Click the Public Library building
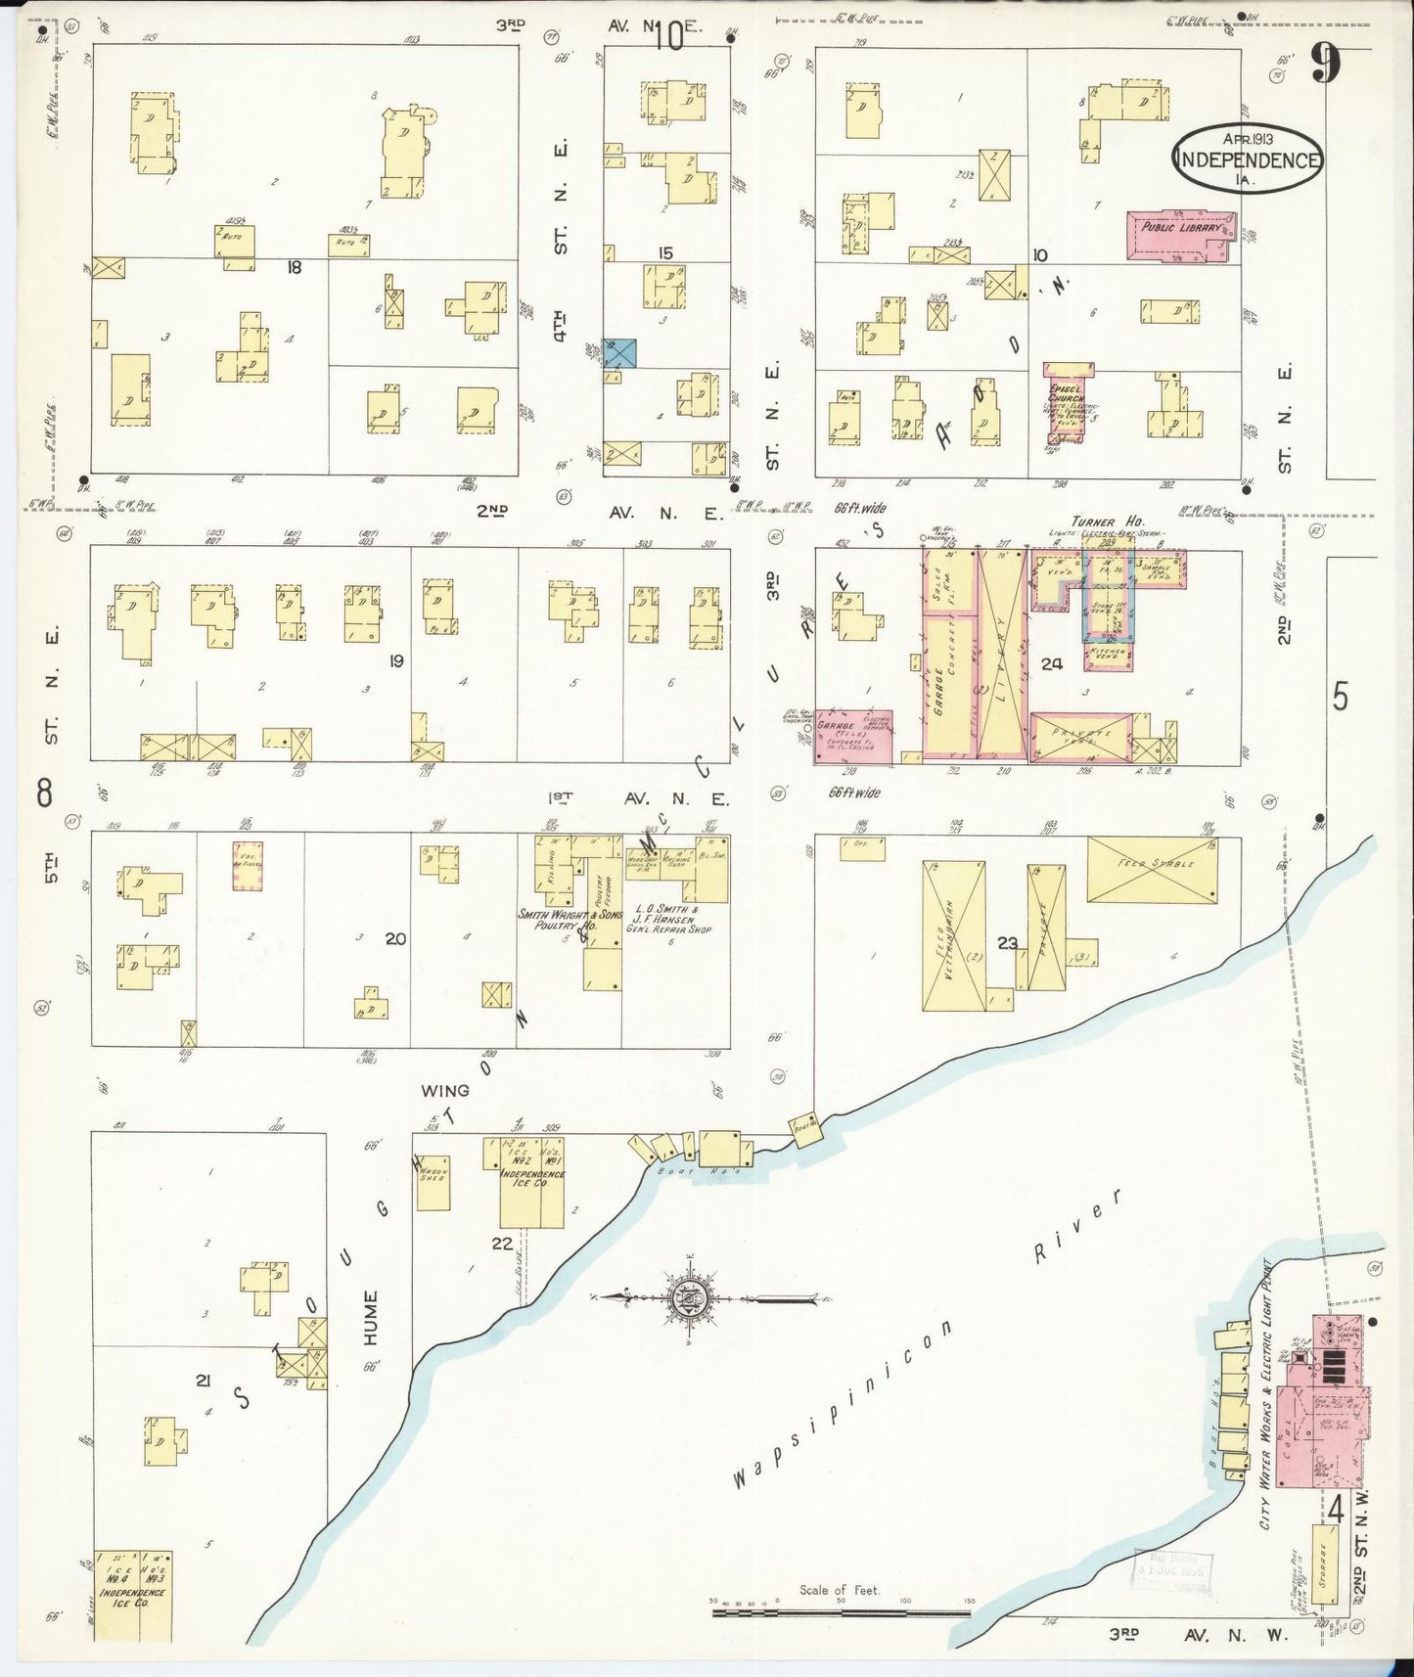pyautogui.click(x=1178, y=236)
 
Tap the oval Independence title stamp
pyautogui.click(x=1248, y=158)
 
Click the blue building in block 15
pyautogui.click(x=619, y=353)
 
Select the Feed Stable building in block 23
pyautogui.click(x=1153, y=869)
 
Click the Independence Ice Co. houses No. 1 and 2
pyautogui.click(x=531, y=1182)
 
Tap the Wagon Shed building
pyautogui.click(x=433, y=1181)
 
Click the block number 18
pyautogui.click(x=294, y=266)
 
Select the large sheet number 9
pyautogui.click(x=1325, y=67)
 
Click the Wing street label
pyautogui.click(x=445, y=1089)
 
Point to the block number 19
pyautogui.click(x=395, y=661)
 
